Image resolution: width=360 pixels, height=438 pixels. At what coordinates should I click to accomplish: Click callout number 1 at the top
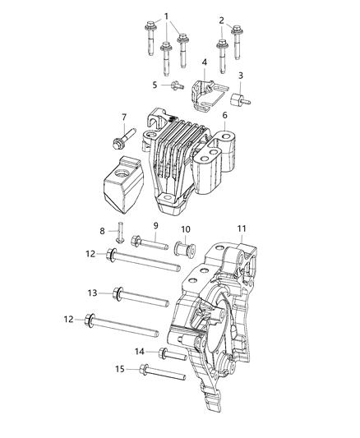(167, 16)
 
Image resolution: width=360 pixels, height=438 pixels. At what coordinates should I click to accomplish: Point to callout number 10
(185, 228)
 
